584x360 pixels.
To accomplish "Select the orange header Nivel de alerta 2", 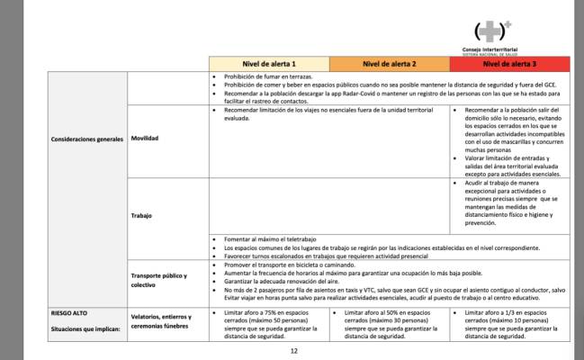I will [389, 64].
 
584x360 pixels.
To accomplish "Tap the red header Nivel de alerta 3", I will [510, 64].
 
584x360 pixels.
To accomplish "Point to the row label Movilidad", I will [147, 139].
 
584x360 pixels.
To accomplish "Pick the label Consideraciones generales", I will [73, 139].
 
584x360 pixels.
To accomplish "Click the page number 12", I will [292, 351].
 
